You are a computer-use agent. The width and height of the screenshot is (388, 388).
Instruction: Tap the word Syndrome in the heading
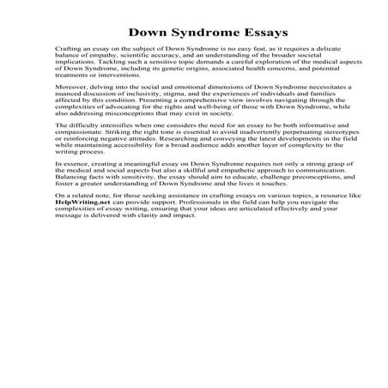184,33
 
